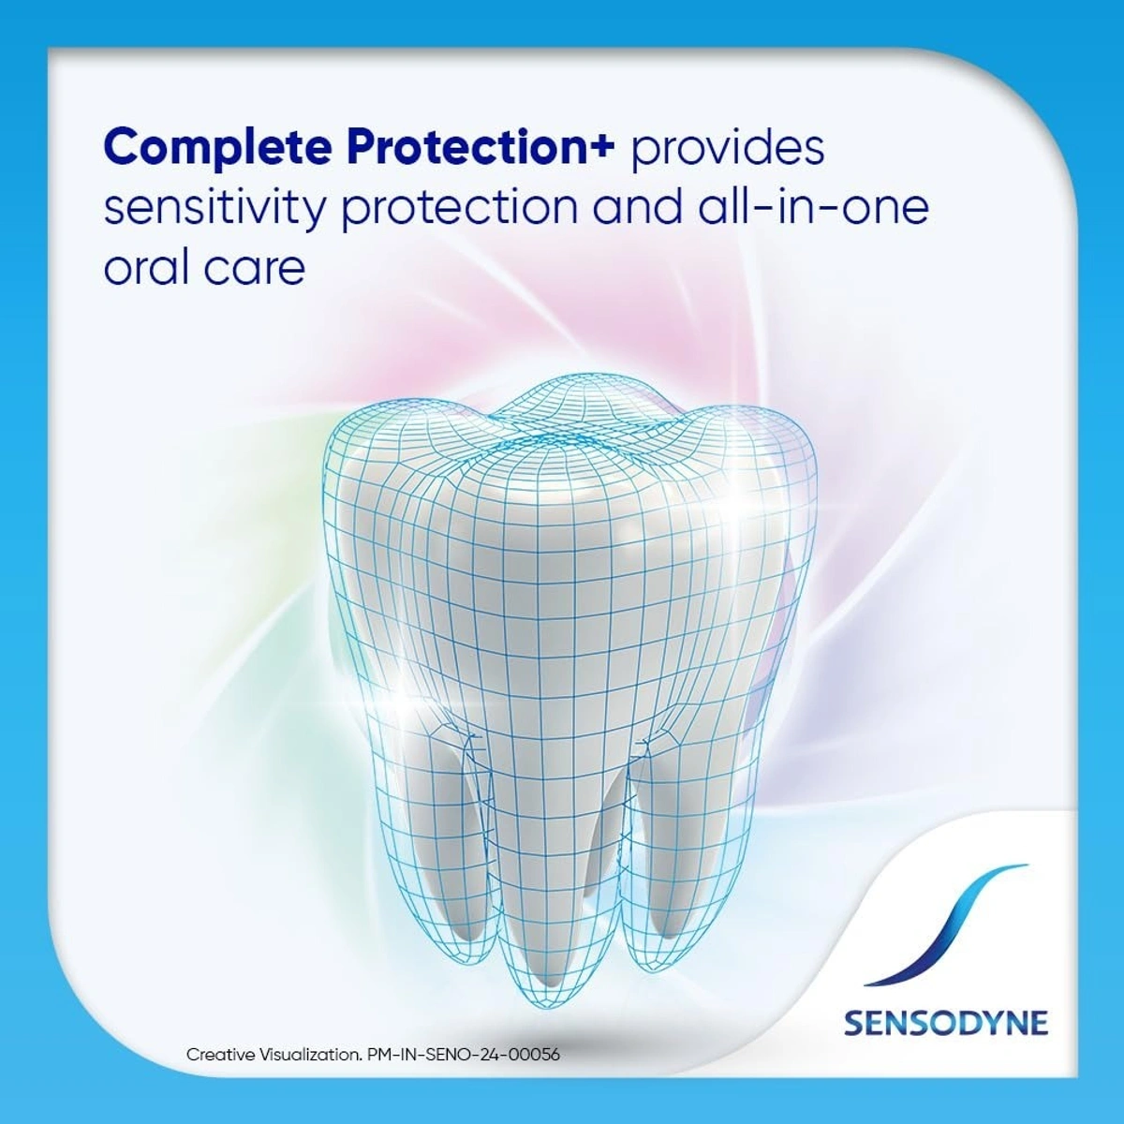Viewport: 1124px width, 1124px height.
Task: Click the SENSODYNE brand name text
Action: (x=945, y=1022)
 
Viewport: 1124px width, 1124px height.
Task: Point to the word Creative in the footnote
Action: (x=224, y=1055)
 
